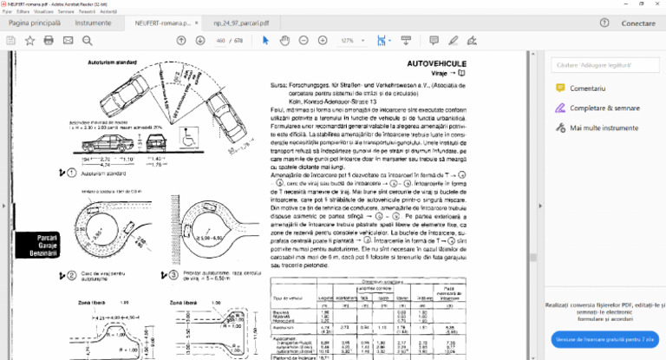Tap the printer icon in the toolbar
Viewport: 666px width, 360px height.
point(49,41)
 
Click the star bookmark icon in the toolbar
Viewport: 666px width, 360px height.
point(29,41)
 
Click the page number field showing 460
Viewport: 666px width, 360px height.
point(220,41)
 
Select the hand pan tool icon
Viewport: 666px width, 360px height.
point(285,41)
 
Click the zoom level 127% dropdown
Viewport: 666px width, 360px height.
point(350,41)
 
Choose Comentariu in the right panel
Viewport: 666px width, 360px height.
point(587,88)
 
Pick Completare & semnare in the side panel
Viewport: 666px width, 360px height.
point(604,108)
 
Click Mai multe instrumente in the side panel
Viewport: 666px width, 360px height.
point(604,127)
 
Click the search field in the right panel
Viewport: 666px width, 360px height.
point(605,65)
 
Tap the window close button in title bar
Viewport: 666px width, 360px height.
point(655,4)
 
